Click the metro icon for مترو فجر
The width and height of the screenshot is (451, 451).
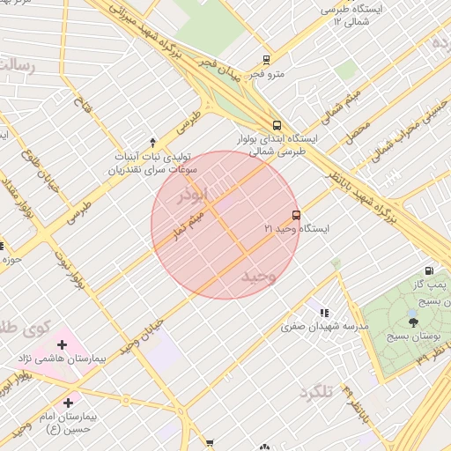(265, 60)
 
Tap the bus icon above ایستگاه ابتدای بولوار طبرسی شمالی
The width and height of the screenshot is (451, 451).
(277, 125)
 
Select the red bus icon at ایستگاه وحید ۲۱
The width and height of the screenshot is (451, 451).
(295, 214)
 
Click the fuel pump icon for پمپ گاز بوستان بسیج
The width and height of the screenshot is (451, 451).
(429, 270)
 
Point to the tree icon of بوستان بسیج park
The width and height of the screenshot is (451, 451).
(413, 322)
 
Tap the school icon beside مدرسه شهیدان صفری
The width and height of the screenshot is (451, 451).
(324, 312)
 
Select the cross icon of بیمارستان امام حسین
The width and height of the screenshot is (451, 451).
(68, 402)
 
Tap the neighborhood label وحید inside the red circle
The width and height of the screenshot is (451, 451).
(259, 277)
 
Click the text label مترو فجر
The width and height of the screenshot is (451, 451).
(268, 74)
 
